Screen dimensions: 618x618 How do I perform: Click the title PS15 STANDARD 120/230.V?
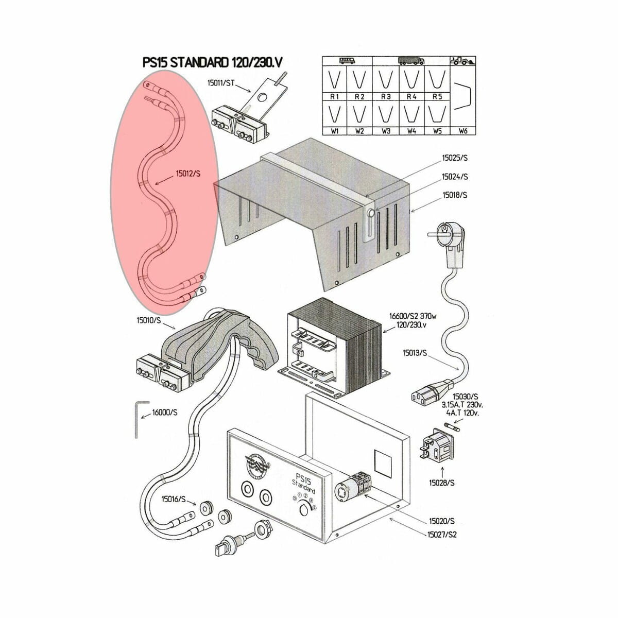coord(212,62)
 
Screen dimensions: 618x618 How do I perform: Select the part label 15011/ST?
coord(221,83)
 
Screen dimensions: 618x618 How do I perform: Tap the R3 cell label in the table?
coord(386,96)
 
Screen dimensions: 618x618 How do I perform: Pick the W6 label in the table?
coord(463,131)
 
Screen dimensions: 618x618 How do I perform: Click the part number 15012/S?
coord(188,174)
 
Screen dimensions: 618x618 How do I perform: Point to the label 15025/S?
coord(455,158)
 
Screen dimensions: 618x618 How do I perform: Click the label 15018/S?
coord(455,195)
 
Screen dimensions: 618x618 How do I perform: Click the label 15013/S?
coord(415,353)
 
